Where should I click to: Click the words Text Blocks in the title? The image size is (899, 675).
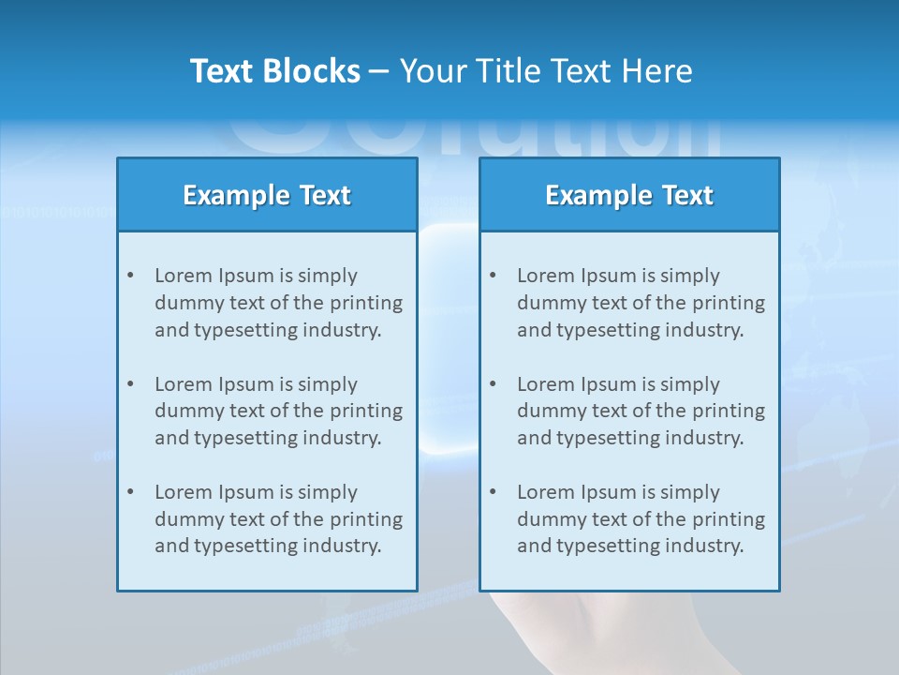click(x=274, y=71)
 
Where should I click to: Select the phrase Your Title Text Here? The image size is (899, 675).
click(x=546, y=71)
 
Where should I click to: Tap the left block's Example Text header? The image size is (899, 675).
click(x=267, y=195)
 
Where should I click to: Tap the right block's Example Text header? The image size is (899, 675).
click(x=629, y=195)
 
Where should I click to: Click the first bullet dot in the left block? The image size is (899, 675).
click(x=130, y=276)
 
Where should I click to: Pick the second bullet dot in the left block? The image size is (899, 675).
click(x=130, y=384)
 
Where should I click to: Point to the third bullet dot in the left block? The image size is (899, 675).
click(x=130, y=492)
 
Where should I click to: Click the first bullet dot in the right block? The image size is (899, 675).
click(x=493, y=276)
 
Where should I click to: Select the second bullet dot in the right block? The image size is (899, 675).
click(x=493, y=384)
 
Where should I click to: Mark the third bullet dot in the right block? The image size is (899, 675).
click(x=493, y=492)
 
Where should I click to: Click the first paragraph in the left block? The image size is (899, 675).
click(x=278, y=303)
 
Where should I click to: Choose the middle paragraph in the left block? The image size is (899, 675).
click(x=278, y=411)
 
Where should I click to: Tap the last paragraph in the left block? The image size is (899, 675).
click(x=278, y=519)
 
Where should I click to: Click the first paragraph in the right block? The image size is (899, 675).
click(x=641, y=303)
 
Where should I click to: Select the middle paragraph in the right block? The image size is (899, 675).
click(x=641, y=411)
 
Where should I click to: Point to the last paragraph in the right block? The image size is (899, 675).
click(x=641, y=519)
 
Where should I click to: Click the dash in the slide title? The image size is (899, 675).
click(x=379, y=72)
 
